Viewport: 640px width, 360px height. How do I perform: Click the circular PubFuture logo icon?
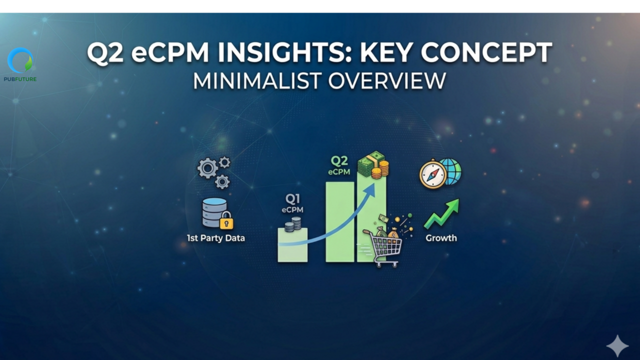(x=20, y=60)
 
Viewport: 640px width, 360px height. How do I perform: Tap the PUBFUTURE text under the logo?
(x=20, y=79)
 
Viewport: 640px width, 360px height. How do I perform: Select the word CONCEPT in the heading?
(x=486, y=52)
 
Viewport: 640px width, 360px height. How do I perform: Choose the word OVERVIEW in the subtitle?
(x=387, y=81)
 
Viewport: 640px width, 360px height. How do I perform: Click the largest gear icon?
(x=207, y=168)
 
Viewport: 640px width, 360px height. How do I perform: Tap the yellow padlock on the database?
(x=226, y=220)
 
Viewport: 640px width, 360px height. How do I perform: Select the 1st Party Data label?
(x=215, y=238)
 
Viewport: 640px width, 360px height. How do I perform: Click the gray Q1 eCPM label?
(x=292, y=204)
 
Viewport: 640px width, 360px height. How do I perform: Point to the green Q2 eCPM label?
(x=339, y=165)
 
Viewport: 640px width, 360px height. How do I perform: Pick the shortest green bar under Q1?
(x=292, y=245)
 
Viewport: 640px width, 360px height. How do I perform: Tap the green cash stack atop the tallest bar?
(x=371, y=164)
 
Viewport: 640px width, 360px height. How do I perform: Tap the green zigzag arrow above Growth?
(x=441, y=214)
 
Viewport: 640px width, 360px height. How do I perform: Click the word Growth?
(x=441, y=238)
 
